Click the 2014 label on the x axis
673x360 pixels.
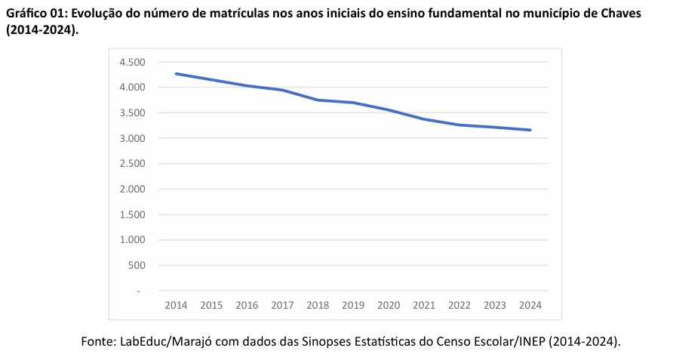point(176,306)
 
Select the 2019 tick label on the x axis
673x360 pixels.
point(353,306)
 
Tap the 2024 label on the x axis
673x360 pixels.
point(530,306)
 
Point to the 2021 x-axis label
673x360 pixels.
point(424,306)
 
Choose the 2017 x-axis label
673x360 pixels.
point(282,306)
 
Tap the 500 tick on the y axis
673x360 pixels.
point(136,265)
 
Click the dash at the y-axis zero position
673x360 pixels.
point(139,291)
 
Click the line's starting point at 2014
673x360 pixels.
point(176,74)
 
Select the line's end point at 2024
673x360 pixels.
point(530,130)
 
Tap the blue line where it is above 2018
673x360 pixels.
point(318,100)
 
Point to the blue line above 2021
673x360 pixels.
point(424,119)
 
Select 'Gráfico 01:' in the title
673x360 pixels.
point(36,14)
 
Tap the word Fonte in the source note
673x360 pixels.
point(97,342)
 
